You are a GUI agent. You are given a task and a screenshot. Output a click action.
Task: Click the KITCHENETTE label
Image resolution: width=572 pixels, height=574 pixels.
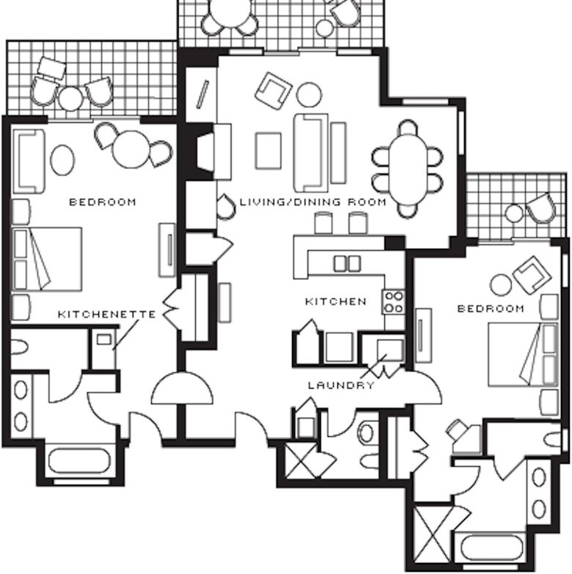click(x=106, y=314)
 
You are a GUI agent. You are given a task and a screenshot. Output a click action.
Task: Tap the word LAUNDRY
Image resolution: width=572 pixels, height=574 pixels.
click(x=341, y=385)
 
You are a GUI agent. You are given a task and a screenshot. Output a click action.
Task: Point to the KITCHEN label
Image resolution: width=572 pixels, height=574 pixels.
click(x=336, y=301)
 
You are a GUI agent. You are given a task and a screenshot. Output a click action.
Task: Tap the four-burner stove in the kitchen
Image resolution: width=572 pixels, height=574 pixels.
click(x=394, y=301)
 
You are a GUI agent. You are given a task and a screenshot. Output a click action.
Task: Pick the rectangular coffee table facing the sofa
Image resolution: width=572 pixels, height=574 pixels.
click(x=268, y=150)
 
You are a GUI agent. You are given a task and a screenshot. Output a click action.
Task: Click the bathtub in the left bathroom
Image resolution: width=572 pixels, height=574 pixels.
click(x=77, y=462)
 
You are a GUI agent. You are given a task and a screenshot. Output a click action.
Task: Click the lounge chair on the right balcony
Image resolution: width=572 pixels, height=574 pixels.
click(x=540, y=207)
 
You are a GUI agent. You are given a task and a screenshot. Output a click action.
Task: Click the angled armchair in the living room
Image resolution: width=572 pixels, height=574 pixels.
click(x=273, y=89)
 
